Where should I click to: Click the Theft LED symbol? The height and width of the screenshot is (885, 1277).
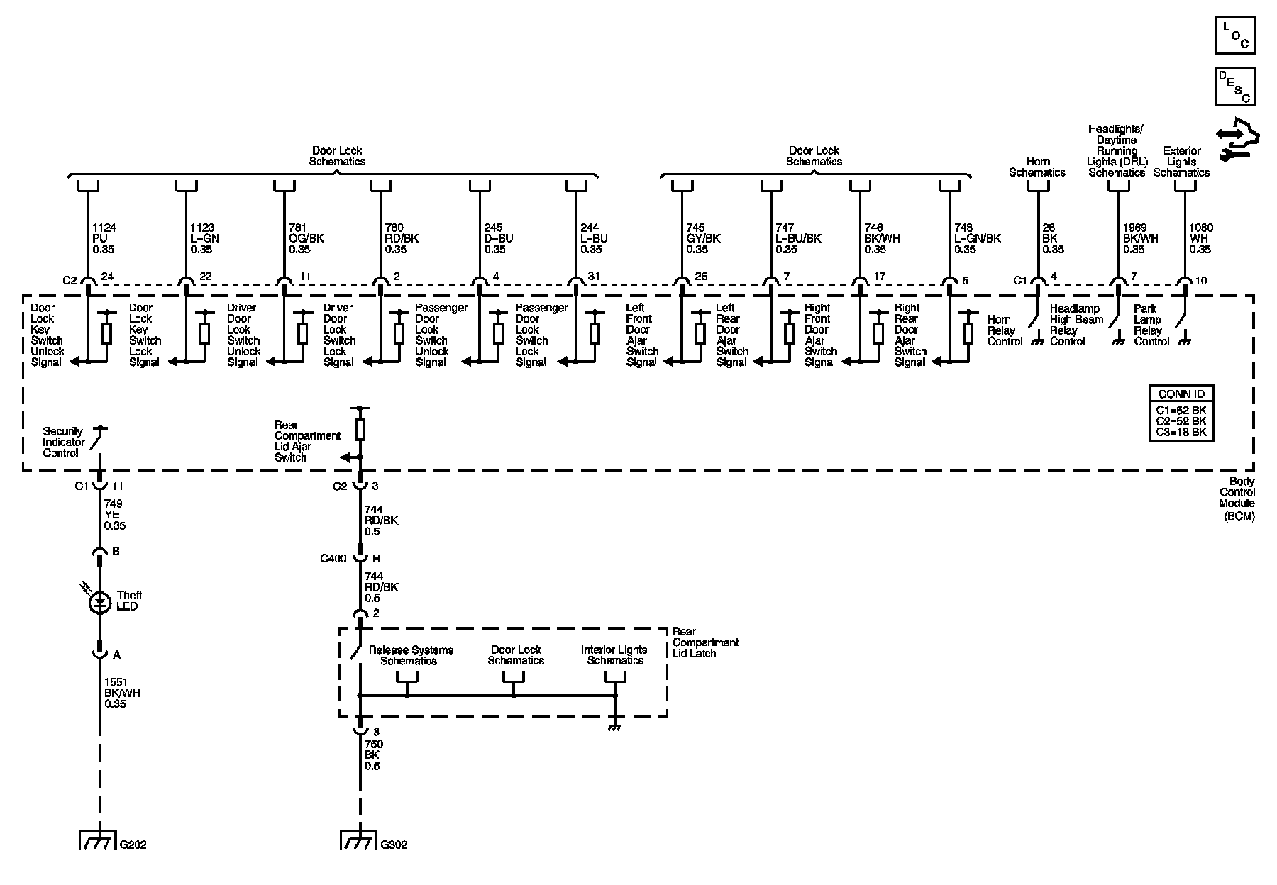click(99, 603)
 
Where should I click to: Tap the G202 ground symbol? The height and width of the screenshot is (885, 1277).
click(98, 840)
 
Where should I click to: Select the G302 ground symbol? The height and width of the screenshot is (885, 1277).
click(359, 840)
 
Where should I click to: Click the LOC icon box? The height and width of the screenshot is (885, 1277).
click(1235, 35)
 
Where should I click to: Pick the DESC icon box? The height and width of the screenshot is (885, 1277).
click(1235, 87)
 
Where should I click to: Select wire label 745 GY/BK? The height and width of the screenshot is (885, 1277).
click(703, 238)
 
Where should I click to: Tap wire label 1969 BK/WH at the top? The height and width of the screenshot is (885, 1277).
click(1140, 238)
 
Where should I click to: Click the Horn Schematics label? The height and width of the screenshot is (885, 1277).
click(1037, 167)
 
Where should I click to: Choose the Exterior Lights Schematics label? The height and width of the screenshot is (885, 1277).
click(1182, 162)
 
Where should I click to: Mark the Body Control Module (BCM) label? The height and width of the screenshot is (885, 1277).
click(1237, 498)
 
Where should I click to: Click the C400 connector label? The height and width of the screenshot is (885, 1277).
click(333, 558)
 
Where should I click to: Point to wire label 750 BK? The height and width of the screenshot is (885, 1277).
click(373, 755)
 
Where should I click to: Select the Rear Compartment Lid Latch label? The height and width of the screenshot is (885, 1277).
click(705, 642)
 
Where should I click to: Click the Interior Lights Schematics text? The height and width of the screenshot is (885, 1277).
click(614, 655)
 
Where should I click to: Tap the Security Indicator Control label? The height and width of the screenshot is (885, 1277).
click(63, 442)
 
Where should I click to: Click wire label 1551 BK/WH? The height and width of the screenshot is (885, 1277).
click(122, 693)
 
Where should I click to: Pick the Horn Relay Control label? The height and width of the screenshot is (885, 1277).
click(1005, 330)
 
